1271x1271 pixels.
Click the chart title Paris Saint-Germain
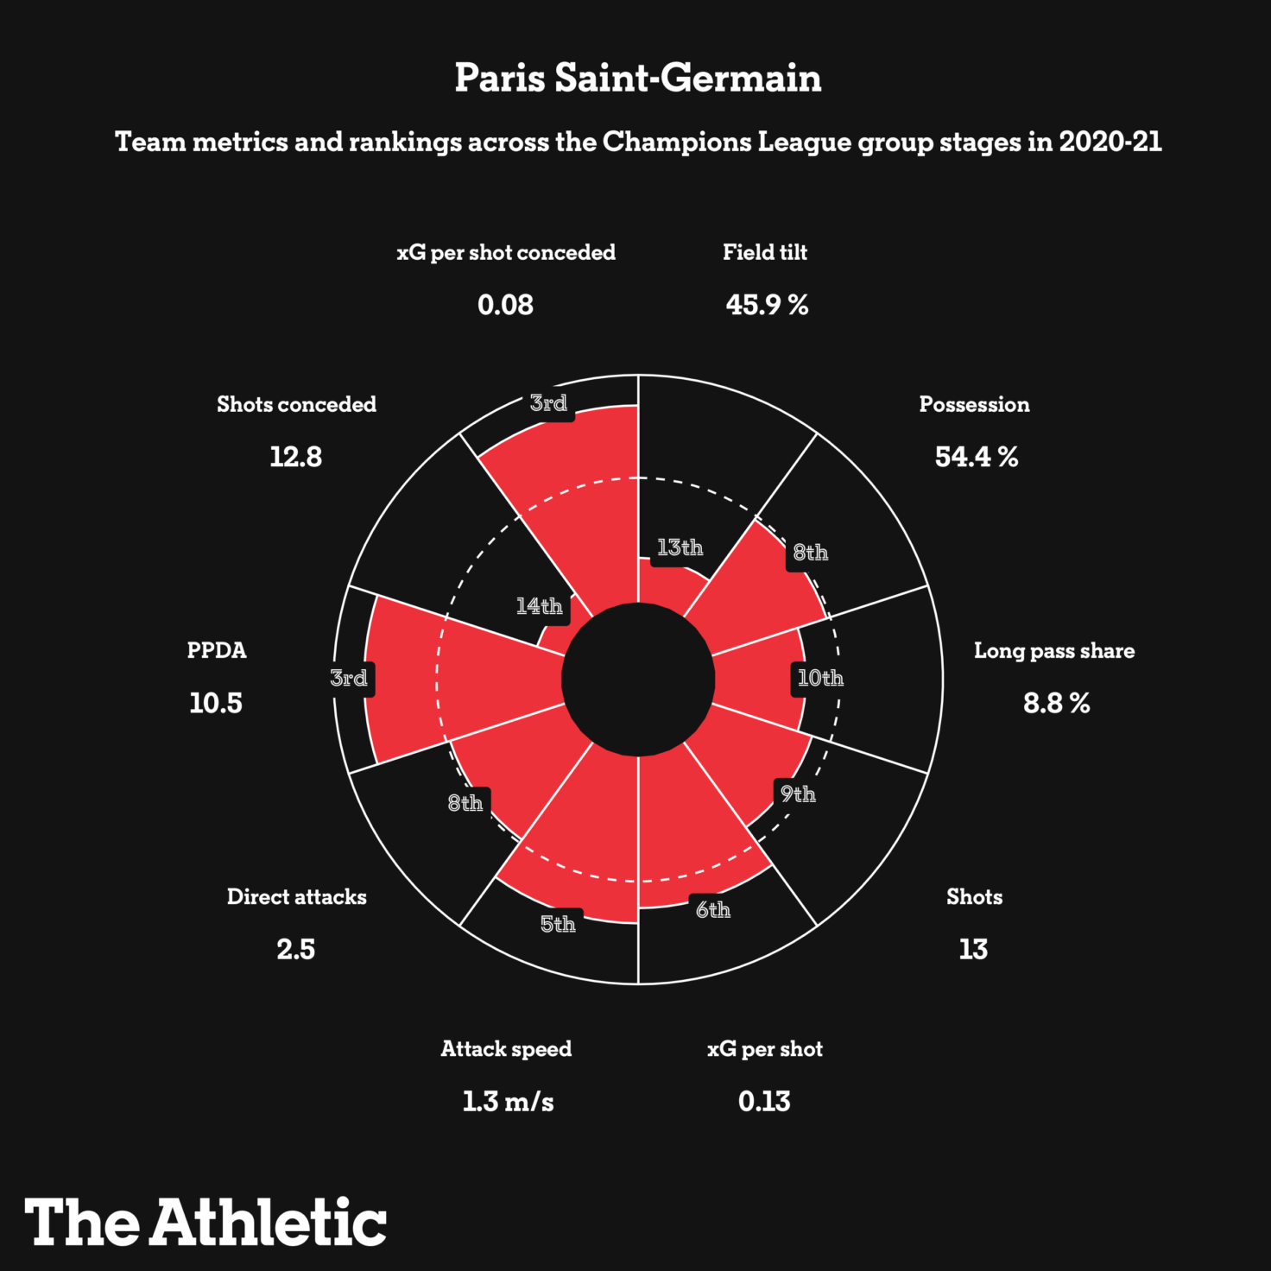click(637, 78)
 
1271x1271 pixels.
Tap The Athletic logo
click(206, 1222)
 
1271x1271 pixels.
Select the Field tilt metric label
click(765, 252)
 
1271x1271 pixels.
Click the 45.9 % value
click(767, 305)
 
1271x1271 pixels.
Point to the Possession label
click(974, 404)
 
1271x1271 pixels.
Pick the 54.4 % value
click(976, 457)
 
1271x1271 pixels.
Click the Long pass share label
click(1054, 651)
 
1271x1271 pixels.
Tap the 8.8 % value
click(1056, 704)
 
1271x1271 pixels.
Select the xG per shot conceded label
click(506, 252)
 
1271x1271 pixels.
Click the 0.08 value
click(505, 305)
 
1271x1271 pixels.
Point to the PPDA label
click(217, 650)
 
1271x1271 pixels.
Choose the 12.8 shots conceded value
click(295, 457)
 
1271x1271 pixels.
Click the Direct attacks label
click(296, 897)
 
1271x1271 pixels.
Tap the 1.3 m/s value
click(508, 1102)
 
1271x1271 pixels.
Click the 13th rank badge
click(680, 547)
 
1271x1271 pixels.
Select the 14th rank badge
click(539, 606)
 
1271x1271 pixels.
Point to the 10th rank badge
click(820, 678)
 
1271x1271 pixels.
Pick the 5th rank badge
click(558, 924)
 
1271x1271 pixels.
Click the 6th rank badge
click(713, 909)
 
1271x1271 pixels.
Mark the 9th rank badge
click(798, 794)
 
